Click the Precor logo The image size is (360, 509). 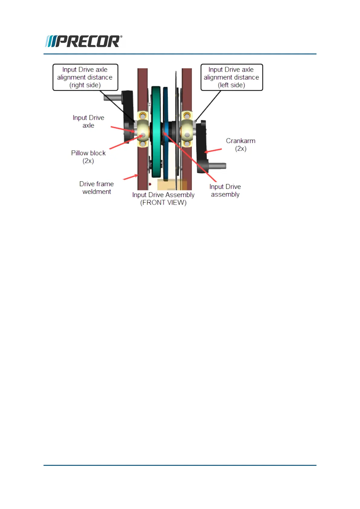coord(83,41)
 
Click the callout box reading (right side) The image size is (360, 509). coord(85,77)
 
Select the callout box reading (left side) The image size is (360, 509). coord(232,77)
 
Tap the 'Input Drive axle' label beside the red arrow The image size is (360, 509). coord(88,122)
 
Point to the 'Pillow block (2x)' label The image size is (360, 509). coord(88,157)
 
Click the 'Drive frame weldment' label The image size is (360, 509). coord(96,188)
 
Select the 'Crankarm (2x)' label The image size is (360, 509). coord(241,144)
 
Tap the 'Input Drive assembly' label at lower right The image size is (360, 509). coord(225,190)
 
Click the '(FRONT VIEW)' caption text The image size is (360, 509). coord(163,203)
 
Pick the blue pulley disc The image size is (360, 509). coord(166,133)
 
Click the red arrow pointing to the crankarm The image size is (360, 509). coord(213,151)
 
